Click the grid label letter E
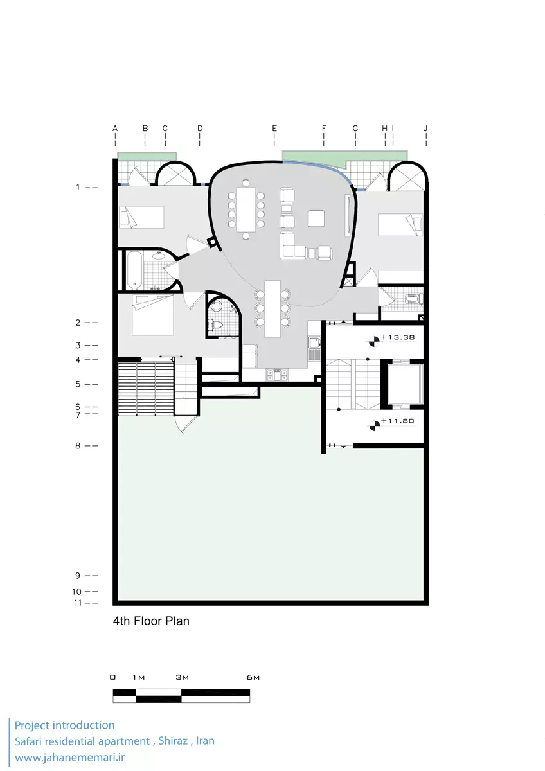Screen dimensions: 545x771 coord(274,128)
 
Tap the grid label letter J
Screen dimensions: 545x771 coord(425,128)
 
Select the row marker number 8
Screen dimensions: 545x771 coord(78,446)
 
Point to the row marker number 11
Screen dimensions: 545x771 coord(78,603)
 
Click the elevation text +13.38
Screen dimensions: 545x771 coord(398,337)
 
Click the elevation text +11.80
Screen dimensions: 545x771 coord(398,421)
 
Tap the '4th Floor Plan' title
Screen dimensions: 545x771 coord(151,621)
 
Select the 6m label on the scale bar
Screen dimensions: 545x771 coord(253,677)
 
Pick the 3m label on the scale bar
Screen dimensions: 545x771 coord(182,677)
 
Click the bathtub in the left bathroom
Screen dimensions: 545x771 coord(134,270)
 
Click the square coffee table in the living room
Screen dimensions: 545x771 coord(316,218)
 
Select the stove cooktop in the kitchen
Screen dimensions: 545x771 coord(277,375)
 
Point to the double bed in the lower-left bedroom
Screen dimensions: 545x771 coord(152,315)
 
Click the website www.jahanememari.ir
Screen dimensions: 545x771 coord(69,758)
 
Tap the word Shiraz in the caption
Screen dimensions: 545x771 coord(173,740)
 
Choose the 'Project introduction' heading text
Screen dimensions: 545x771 coord(64,725)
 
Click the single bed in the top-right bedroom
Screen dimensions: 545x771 coord(400,225)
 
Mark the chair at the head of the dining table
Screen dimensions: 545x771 coord(246,182)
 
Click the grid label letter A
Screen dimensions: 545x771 coord(115,128)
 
